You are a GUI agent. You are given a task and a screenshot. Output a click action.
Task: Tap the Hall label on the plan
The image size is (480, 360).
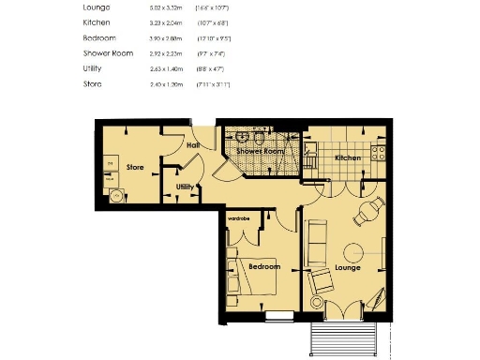pos(194,145)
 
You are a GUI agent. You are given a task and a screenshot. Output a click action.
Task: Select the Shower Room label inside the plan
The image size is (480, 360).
pos(260,150)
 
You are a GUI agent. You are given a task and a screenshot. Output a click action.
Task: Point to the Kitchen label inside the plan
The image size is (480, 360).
pos(348,157)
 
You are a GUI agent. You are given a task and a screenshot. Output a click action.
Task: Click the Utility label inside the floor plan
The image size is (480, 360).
pos(185,187)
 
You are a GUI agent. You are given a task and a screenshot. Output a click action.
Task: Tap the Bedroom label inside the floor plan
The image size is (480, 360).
pos(264,266)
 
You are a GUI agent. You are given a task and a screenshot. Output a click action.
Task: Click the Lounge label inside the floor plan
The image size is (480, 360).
pos(348,267)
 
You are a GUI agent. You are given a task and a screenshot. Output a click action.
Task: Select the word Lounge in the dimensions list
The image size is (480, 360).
pos(97,7)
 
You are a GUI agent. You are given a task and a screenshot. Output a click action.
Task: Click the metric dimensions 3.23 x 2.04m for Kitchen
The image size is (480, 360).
pos(167,22)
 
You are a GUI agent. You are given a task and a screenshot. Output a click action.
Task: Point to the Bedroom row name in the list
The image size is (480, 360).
pos(100,38)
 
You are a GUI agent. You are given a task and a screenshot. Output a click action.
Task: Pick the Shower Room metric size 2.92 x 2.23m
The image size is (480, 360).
pos(167,53)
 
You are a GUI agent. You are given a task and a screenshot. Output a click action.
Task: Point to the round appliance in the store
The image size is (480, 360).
pos(117,196)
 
